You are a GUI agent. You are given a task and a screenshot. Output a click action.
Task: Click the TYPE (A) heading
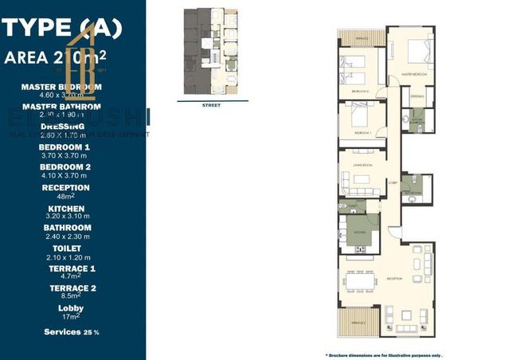63,29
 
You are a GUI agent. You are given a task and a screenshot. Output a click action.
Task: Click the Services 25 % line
72,331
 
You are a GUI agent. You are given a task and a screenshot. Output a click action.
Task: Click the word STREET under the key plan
212,104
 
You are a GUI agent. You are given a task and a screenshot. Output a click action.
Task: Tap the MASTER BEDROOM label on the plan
415,74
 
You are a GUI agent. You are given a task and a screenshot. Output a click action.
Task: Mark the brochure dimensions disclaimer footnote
383,354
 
